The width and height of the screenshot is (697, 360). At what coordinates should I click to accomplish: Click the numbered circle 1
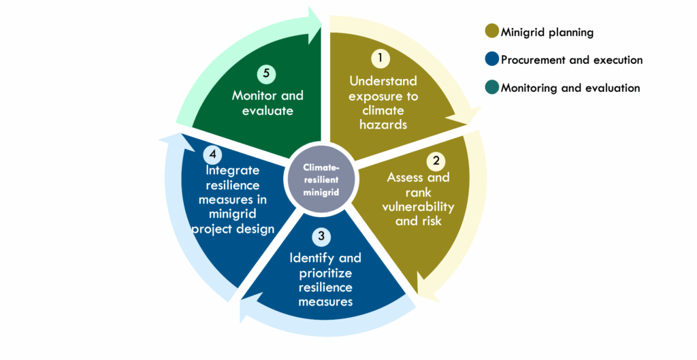click(x=380, y=59)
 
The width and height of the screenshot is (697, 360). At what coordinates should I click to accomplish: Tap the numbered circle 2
click(x=436, y=161)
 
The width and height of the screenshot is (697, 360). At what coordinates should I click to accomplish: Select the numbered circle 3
click(x=321, y=237)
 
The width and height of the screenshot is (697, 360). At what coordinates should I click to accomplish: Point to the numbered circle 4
click(x=212, y=154)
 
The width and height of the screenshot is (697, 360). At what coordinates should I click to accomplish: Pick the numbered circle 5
click(x=266, y=73)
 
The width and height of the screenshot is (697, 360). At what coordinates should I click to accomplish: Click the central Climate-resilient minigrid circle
click(x=321, y=180)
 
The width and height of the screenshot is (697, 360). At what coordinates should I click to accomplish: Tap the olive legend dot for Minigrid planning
click(x=491, y=31)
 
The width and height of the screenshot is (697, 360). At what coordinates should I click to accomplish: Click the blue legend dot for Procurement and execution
click(x=491, y=59)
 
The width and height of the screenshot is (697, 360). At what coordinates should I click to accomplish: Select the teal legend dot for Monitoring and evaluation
click(x=491, y=87)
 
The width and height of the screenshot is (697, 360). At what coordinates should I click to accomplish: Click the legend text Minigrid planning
click(x=547, y=33)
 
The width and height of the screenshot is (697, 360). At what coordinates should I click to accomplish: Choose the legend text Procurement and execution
click(x=572, y=60)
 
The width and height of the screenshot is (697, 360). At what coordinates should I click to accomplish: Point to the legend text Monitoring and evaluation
click(x=570, y=88)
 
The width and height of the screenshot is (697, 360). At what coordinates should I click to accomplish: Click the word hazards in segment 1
click(x=383, y=125)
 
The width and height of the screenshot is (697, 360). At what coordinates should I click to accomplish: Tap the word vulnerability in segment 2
click(x=418, y=208)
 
